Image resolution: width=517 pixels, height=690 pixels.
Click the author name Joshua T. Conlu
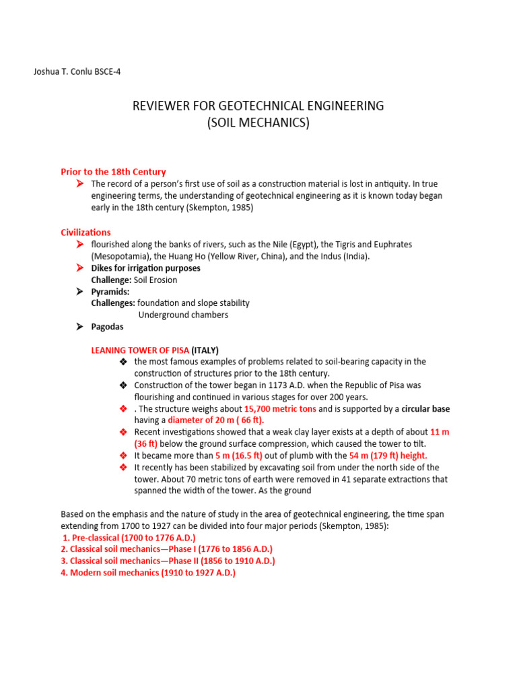click(x=61, y=71)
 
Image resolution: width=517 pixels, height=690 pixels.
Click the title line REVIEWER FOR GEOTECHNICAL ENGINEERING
click(x=258, y=106)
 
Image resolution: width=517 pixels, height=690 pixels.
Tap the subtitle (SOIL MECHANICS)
click(x=258, y=123)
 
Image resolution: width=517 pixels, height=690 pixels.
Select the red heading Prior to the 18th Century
click(x=113, y=172)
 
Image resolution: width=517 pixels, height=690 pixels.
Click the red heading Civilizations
click(x=85, y=232)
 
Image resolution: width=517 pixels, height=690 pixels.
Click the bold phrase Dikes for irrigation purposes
click(x=145, y=268)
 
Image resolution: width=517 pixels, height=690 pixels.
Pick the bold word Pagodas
click(x=107, y=327)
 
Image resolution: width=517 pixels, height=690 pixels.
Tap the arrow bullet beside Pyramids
click(x=79, y=292)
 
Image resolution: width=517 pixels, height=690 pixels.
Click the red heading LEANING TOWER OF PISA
click(x=140, y=350)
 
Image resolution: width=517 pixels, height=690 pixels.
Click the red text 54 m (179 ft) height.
click(x=388, y=456)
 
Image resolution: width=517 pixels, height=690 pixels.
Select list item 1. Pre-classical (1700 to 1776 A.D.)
click(x=129, y=538)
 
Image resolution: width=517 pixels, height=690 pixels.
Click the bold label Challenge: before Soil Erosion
click(x=111, y=280)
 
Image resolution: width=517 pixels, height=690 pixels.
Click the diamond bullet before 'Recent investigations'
click(x=123, y=432)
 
